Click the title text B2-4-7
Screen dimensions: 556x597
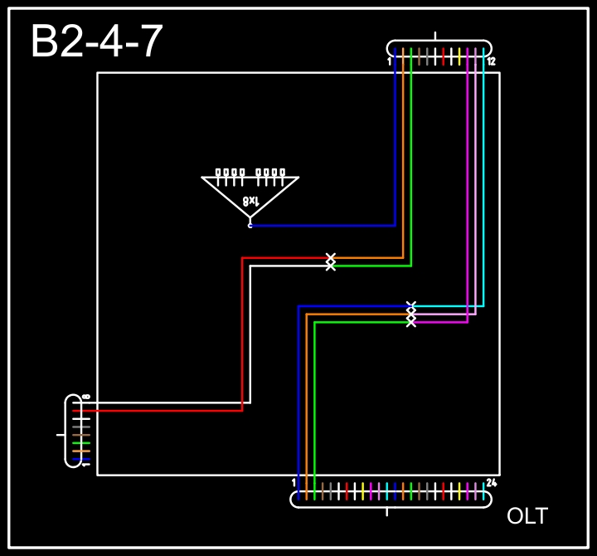click(x=96, y=41)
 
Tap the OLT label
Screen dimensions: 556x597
click(x=527, y=516)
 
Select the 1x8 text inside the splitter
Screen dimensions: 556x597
click(x=251, y=201)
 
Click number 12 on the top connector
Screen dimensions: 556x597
click(x=491, y=61)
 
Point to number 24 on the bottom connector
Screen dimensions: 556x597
click(x=491, y=482)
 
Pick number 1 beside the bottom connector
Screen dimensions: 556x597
click(x=294, y=482)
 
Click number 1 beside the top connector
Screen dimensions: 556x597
click(x=389, y=61)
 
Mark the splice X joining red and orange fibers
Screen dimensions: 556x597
click(x=331, y=258)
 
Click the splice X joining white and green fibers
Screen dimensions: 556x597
click(x=331, y=266)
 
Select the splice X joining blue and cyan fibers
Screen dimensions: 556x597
click(x=411, y=306)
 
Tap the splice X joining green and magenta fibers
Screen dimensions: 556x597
click(x=411, y=322)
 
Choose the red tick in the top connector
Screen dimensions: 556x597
click(x=444, y=56)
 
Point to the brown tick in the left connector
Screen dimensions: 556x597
click(x=80, y=435)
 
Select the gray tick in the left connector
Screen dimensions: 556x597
click(x=80, y=427)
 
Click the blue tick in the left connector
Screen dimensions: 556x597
click(x=80, y=459)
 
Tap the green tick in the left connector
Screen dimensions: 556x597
click(x=80, y=443)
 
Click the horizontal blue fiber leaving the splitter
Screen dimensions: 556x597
click(x=323, y=225)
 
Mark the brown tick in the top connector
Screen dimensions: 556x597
click(x=420, y=56)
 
